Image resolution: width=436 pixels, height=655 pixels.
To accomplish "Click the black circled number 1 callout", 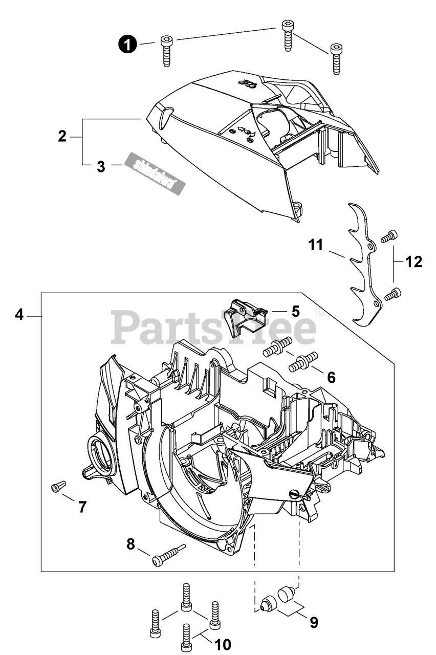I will (x=128, y=45).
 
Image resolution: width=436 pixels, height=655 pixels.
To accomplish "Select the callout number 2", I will (x=62, y=137).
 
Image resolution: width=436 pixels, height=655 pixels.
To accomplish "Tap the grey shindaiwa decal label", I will (x=155, y=173).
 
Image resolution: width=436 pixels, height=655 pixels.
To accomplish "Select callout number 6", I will (x=331, y=378).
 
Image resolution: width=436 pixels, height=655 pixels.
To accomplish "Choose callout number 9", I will (x=314, y=622).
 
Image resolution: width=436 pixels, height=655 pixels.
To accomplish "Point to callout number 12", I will (x=413, y=262).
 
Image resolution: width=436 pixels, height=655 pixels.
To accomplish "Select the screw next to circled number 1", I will (x=166, y=50).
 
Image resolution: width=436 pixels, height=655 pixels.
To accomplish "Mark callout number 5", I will (x=295, y=311).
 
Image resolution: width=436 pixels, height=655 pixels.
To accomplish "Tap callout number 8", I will (x=130, y=544).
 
